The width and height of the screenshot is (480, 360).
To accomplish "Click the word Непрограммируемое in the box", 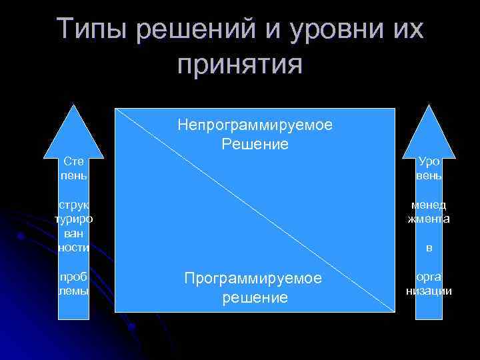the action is tap(255, 125).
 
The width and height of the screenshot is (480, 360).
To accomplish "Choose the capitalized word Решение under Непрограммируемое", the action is tap(255, 143).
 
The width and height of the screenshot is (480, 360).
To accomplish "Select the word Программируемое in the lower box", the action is tap(255, 278).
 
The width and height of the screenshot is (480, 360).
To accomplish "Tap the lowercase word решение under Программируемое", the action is tap(255, 297).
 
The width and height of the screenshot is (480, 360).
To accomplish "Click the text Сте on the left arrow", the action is tap(73, 161).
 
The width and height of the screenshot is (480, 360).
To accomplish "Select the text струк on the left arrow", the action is tap(73, 205).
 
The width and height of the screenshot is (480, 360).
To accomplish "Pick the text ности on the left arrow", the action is tap(73, 247).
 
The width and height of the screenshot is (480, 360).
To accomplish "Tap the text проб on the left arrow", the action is tap(73, 277).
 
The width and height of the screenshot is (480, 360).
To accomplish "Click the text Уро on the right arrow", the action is tap(429, 161).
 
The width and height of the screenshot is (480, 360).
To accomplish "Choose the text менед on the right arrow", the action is tap(429, 205).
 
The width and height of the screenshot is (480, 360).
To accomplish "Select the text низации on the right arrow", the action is tap(429, 291).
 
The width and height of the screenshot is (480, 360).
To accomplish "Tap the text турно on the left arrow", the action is tap(73, 219).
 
